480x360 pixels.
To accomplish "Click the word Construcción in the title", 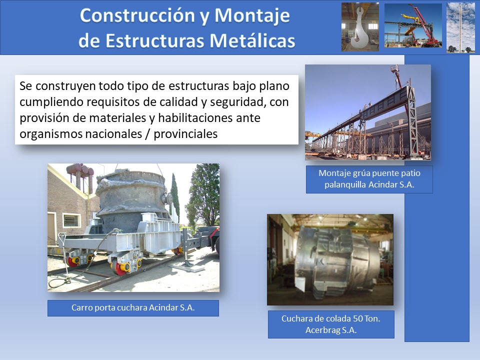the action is [x=138, y=15].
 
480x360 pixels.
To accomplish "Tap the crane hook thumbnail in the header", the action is [x=360, y=26].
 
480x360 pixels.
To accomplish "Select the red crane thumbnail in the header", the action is [x=413, y=25].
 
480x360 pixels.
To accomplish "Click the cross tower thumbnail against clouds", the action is [x=460, y=27].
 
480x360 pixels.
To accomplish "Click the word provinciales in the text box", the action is [x=185, y=134].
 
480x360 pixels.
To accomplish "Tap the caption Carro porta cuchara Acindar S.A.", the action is [x=133, y=307].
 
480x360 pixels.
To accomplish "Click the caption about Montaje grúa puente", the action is [x=369, y=179].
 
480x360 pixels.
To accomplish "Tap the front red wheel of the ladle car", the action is [x=118, y=267].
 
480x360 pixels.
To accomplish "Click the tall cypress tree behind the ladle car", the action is [x=175, y=196].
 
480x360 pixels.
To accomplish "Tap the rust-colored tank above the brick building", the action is [x=80, y=170].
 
